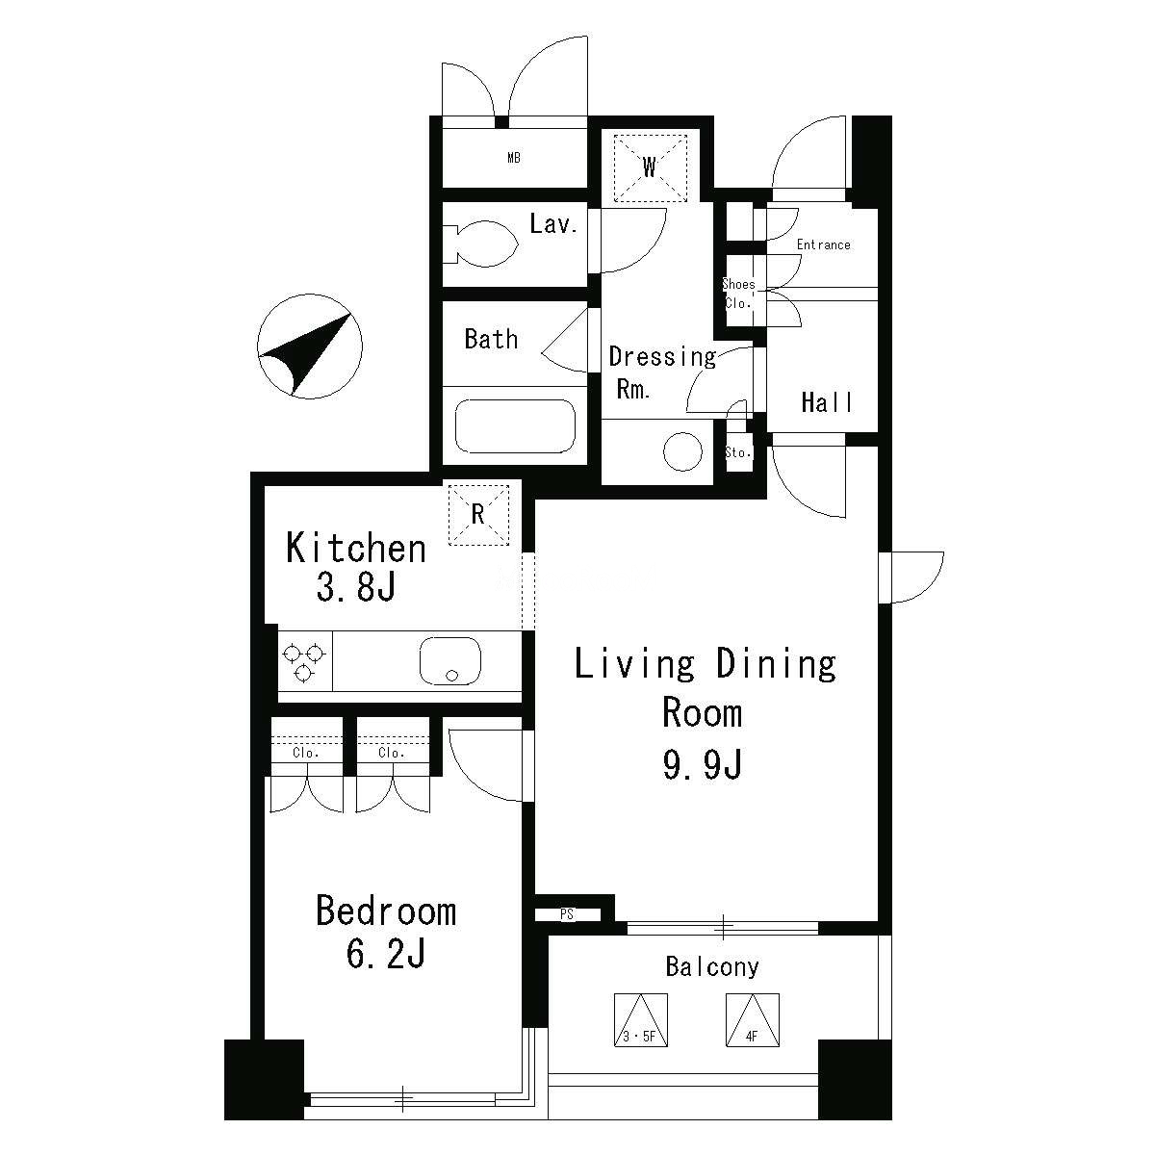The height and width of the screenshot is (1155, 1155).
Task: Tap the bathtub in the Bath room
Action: coord(515,426)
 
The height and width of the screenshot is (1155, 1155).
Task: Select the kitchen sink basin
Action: coord(450,660)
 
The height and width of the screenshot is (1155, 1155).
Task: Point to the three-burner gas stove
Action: coord(305,660)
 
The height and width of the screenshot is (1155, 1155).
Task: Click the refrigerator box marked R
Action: coord(478,515)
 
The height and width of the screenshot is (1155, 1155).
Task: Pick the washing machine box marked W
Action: coord(651,167)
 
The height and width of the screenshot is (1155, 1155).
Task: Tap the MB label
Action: coord(514,158)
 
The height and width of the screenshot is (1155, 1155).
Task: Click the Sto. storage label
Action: coord(738,452)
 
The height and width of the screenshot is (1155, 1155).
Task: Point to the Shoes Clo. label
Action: coord(738,294)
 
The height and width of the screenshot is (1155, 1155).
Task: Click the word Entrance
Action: coord(823,244)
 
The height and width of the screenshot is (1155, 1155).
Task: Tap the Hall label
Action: coord(827,402)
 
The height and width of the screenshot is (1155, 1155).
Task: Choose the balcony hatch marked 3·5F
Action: coord(641,1020)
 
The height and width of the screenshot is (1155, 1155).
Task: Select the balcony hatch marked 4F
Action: coord(753,1020)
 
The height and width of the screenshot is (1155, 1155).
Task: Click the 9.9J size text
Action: coord(703,764)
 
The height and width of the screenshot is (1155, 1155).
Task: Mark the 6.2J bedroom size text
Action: coord(386,954)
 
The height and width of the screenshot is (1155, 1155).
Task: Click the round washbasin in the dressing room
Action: coord(682,451)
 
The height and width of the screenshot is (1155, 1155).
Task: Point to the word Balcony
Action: coord(712,966)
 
